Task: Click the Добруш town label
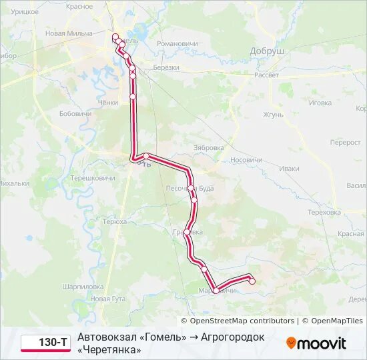pos(267,51)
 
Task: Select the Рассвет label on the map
pos(266,75)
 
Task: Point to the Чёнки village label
pos(108,103)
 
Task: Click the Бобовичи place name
pos(75,114)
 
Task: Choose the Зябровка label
pos(208,147)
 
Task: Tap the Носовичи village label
pos(246,160)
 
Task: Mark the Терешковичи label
pos(93,178)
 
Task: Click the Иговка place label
pos(320,103)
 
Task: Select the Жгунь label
pos(274,115)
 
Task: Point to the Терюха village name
pos(106,221)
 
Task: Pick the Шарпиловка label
pos(82,286)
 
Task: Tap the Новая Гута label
pos(108,299)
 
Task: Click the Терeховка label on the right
pos(324,212)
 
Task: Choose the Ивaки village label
pos(290,169)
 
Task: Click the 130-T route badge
pos(45,343)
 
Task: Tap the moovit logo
pos(316,343)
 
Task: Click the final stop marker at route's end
pos(252,281)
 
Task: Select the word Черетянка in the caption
pos(109,349)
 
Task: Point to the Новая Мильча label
pos(69,33)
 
